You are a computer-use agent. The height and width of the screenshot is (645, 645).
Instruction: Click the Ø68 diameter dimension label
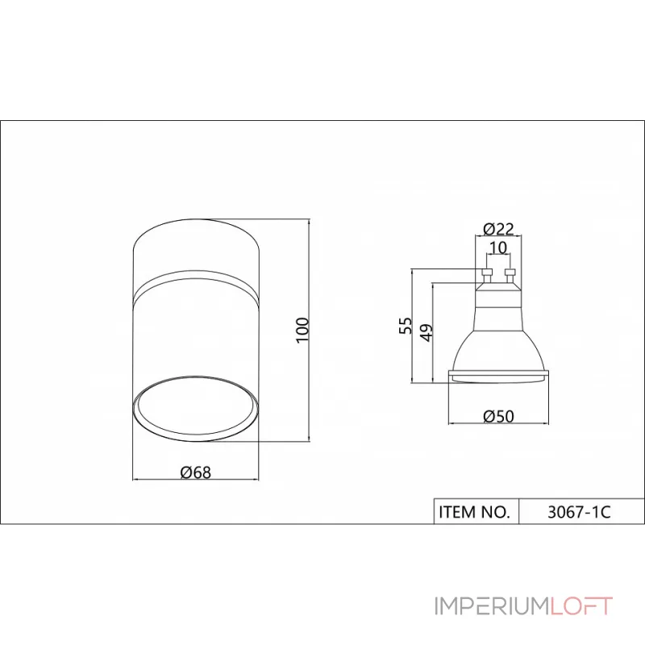coord(196,472)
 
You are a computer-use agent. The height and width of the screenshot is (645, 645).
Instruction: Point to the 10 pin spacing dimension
coord(497,248)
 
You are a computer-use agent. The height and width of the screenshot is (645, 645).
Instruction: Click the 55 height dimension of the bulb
coord(407,325)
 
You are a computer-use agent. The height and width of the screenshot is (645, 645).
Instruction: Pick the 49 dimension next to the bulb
coord(427,331)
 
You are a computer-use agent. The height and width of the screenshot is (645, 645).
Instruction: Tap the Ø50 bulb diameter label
coord(498,416)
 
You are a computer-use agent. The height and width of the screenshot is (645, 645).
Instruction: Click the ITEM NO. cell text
coord(474,511)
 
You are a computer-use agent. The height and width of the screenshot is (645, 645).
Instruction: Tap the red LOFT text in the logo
coord(581,606)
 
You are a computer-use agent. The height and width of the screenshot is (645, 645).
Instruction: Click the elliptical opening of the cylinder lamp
coord(196,407)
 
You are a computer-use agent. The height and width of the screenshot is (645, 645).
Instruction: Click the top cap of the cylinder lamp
coord(196,246)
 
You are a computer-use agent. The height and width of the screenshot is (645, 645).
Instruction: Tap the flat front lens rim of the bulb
coord(498,375)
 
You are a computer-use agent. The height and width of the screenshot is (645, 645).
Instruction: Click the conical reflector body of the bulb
coord(498,339)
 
